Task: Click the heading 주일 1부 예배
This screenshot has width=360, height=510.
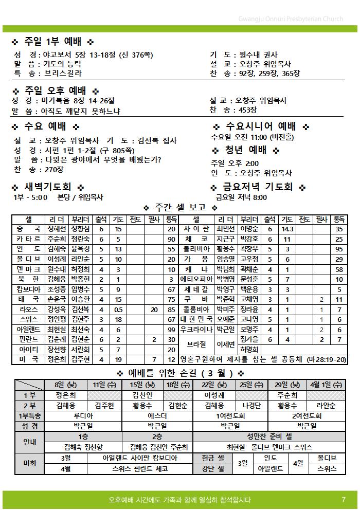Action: click(x=52, y=42)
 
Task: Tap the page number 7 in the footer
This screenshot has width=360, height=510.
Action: click(x=343, y=499)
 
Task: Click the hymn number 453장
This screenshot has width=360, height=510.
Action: click(x=247, y=110)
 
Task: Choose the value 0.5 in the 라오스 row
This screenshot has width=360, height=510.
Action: click(x=118, y=309)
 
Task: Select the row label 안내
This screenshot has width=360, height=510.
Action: click(x=29, y=442)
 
